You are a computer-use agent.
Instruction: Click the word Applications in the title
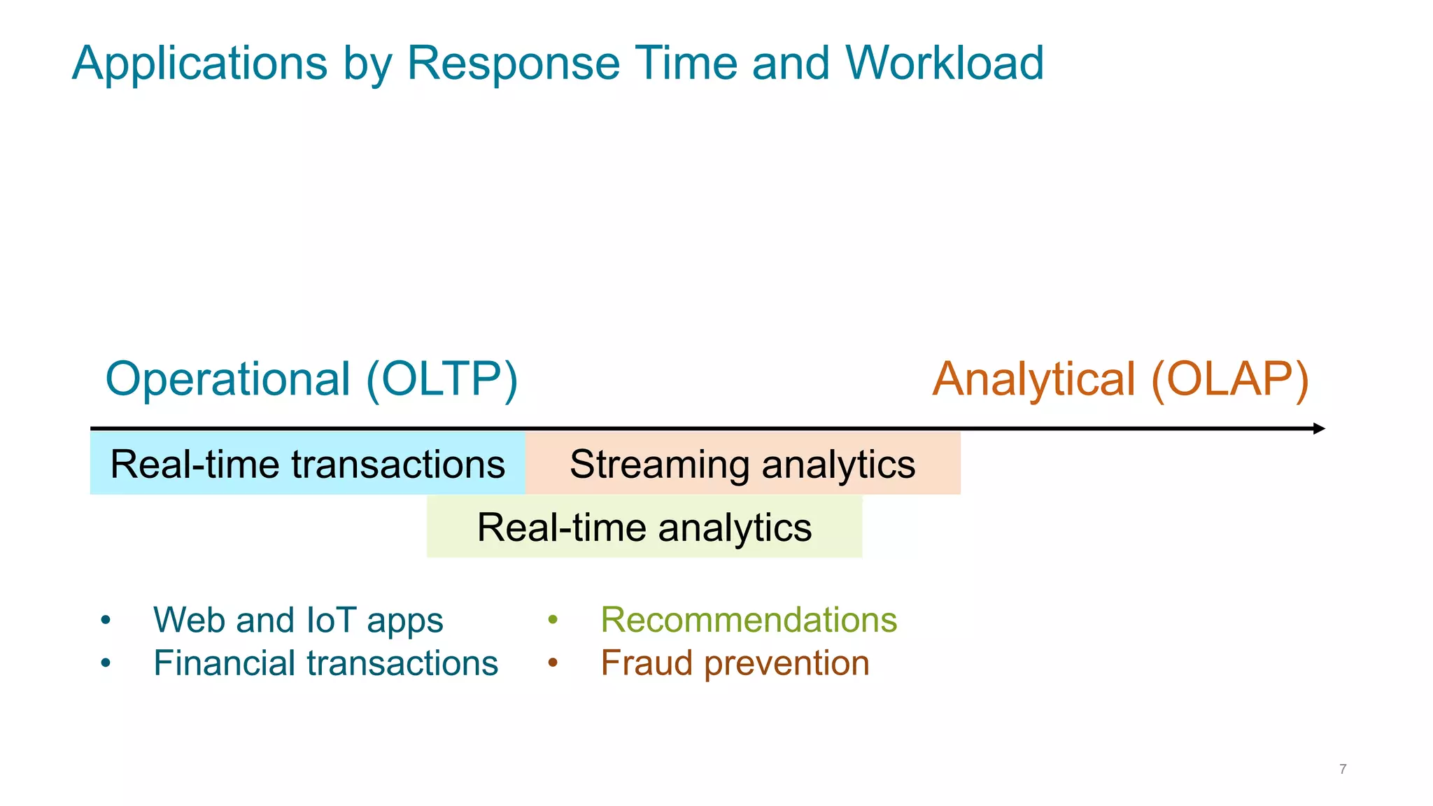click(x=200, y=64)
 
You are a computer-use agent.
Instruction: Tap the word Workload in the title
click(x=945, y=64)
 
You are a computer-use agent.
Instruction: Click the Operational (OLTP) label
click(x=311, y=379)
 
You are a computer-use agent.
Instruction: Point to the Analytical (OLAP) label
click(x=1120, y=379)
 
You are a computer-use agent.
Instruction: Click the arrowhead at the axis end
click(x=1319, y=428)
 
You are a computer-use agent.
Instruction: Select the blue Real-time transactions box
click(x=307, y=464)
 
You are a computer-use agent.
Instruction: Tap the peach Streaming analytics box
click(x=742, y=464)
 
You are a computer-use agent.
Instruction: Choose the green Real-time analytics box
click(x=644, y=527)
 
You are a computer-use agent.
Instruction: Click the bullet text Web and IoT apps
click(x=298, y=620)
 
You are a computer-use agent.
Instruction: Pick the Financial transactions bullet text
click(x=325, y=663)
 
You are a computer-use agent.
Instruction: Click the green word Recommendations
click(x=749, y=620)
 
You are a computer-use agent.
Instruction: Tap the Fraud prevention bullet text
click(x=735, y=663)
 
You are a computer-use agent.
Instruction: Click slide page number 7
click(x=1343, y=769)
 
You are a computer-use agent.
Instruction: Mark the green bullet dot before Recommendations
click(x=553, y=620)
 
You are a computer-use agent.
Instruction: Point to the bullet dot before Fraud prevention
click(x=553, y=663)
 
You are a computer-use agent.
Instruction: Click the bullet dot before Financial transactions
click(x=106, y=663)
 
